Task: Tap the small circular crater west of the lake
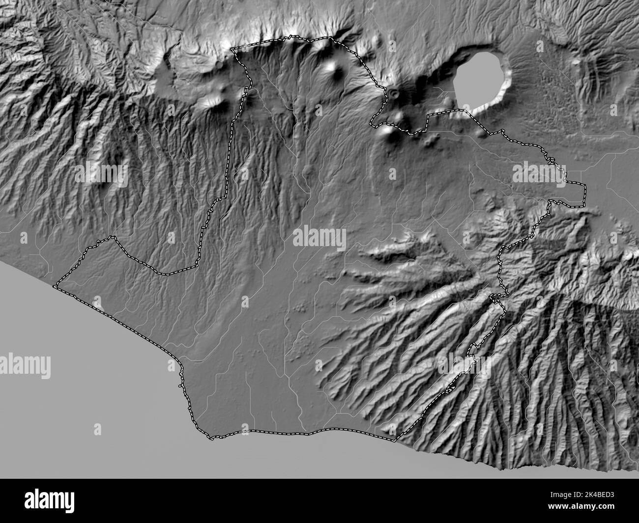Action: tap(393, 92)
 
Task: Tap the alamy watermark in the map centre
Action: tap(319, 237)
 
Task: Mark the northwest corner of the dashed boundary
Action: tap(233, 49)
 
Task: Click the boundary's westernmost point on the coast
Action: tap(56, 285)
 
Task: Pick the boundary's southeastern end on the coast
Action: tap(396, 440)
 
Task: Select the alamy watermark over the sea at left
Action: tap(26, 365)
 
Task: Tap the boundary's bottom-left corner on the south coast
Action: tap(211, 437)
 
